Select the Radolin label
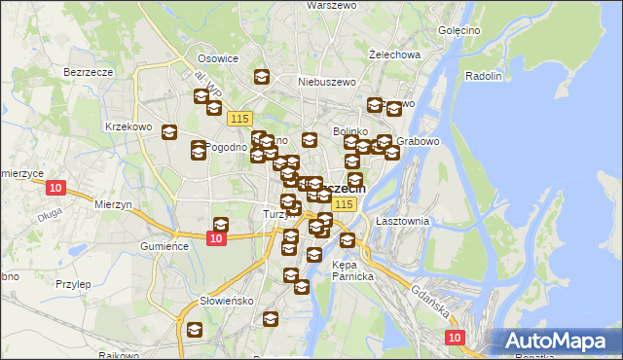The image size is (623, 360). (x=484, y=76)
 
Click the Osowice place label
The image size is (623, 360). (x=218, y=58)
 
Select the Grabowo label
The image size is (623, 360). (x=420, y=141)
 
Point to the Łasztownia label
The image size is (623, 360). (x=402, y=222)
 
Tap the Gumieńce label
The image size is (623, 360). (x=164, y=247)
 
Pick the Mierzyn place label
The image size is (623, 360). (x=113, y=205)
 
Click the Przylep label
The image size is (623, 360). (x=73, y=284)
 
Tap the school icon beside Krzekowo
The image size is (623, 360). (x=169, y=133)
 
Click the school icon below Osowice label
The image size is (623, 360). (x=261, y=77)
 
